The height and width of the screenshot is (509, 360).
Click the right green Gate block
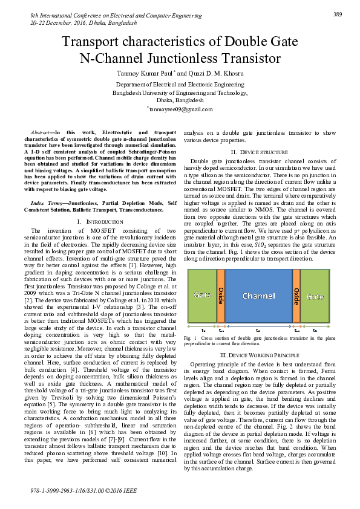pos(315,296)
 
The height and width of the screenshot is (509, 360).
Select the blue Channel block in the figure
pos(258,296)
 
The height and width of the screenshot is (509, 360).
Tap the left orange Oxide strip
pos(221,296)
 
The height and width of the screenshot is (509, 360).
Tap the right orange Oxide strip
pos(296,296)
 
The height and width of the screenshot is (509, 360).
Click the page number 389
pos(338,13)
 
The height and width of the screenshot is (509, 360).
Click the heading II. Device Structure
pos(258,151)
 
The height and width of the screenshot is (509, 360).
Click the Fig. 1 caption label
pos(189,337)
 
